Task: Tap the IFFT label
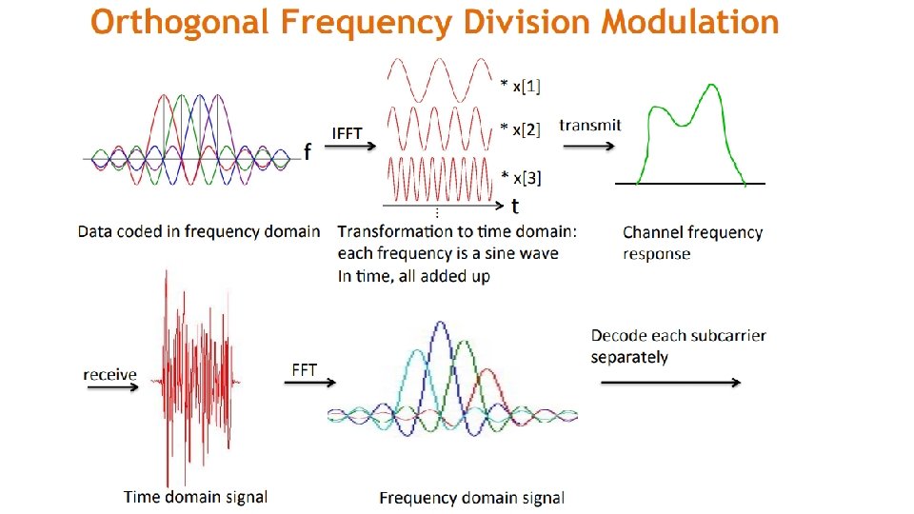click(347, 133)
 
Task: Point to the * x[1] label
click(521, 87)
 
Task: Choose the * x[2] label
click(521, 130)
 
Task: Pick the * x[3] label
click(521, 177)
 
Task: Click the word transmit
click(590, 125)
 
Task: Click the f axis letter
click(307, 151)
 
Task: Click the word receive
click(109, 374)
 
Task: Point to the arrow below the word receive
click(109, 388)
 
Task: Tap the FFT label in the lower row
click(305, 370)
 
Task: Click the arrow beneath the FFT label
click(310, 383)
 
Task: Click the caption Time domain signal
click(195, 496)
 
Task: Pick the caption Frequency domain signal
click(471, 498)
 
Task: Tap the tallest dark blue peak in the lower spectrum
click(439, 326)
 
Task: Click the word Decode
click(617, 335)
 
